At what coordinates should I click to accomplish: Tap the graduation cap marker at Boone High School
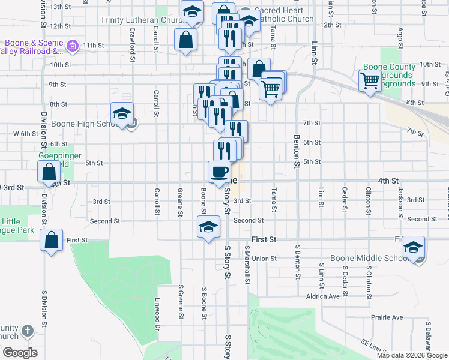coord(122,113)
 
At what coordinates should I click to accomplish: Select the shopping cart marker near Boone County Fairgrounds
coord(370,80)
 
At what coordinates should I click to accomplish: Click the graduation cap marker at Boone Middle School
coord(413,247)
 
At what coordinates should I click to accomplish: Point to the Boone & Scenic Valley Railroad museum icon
coord(73,46)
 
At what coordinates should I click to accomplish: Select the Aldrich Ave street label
coord(324,296)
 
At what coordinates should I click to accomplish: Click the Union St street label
coord(264,259)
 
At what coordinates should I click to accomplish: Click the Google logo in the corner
coord(19,353)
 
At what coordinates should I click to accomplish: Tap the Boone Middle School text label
coord(378,259)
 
